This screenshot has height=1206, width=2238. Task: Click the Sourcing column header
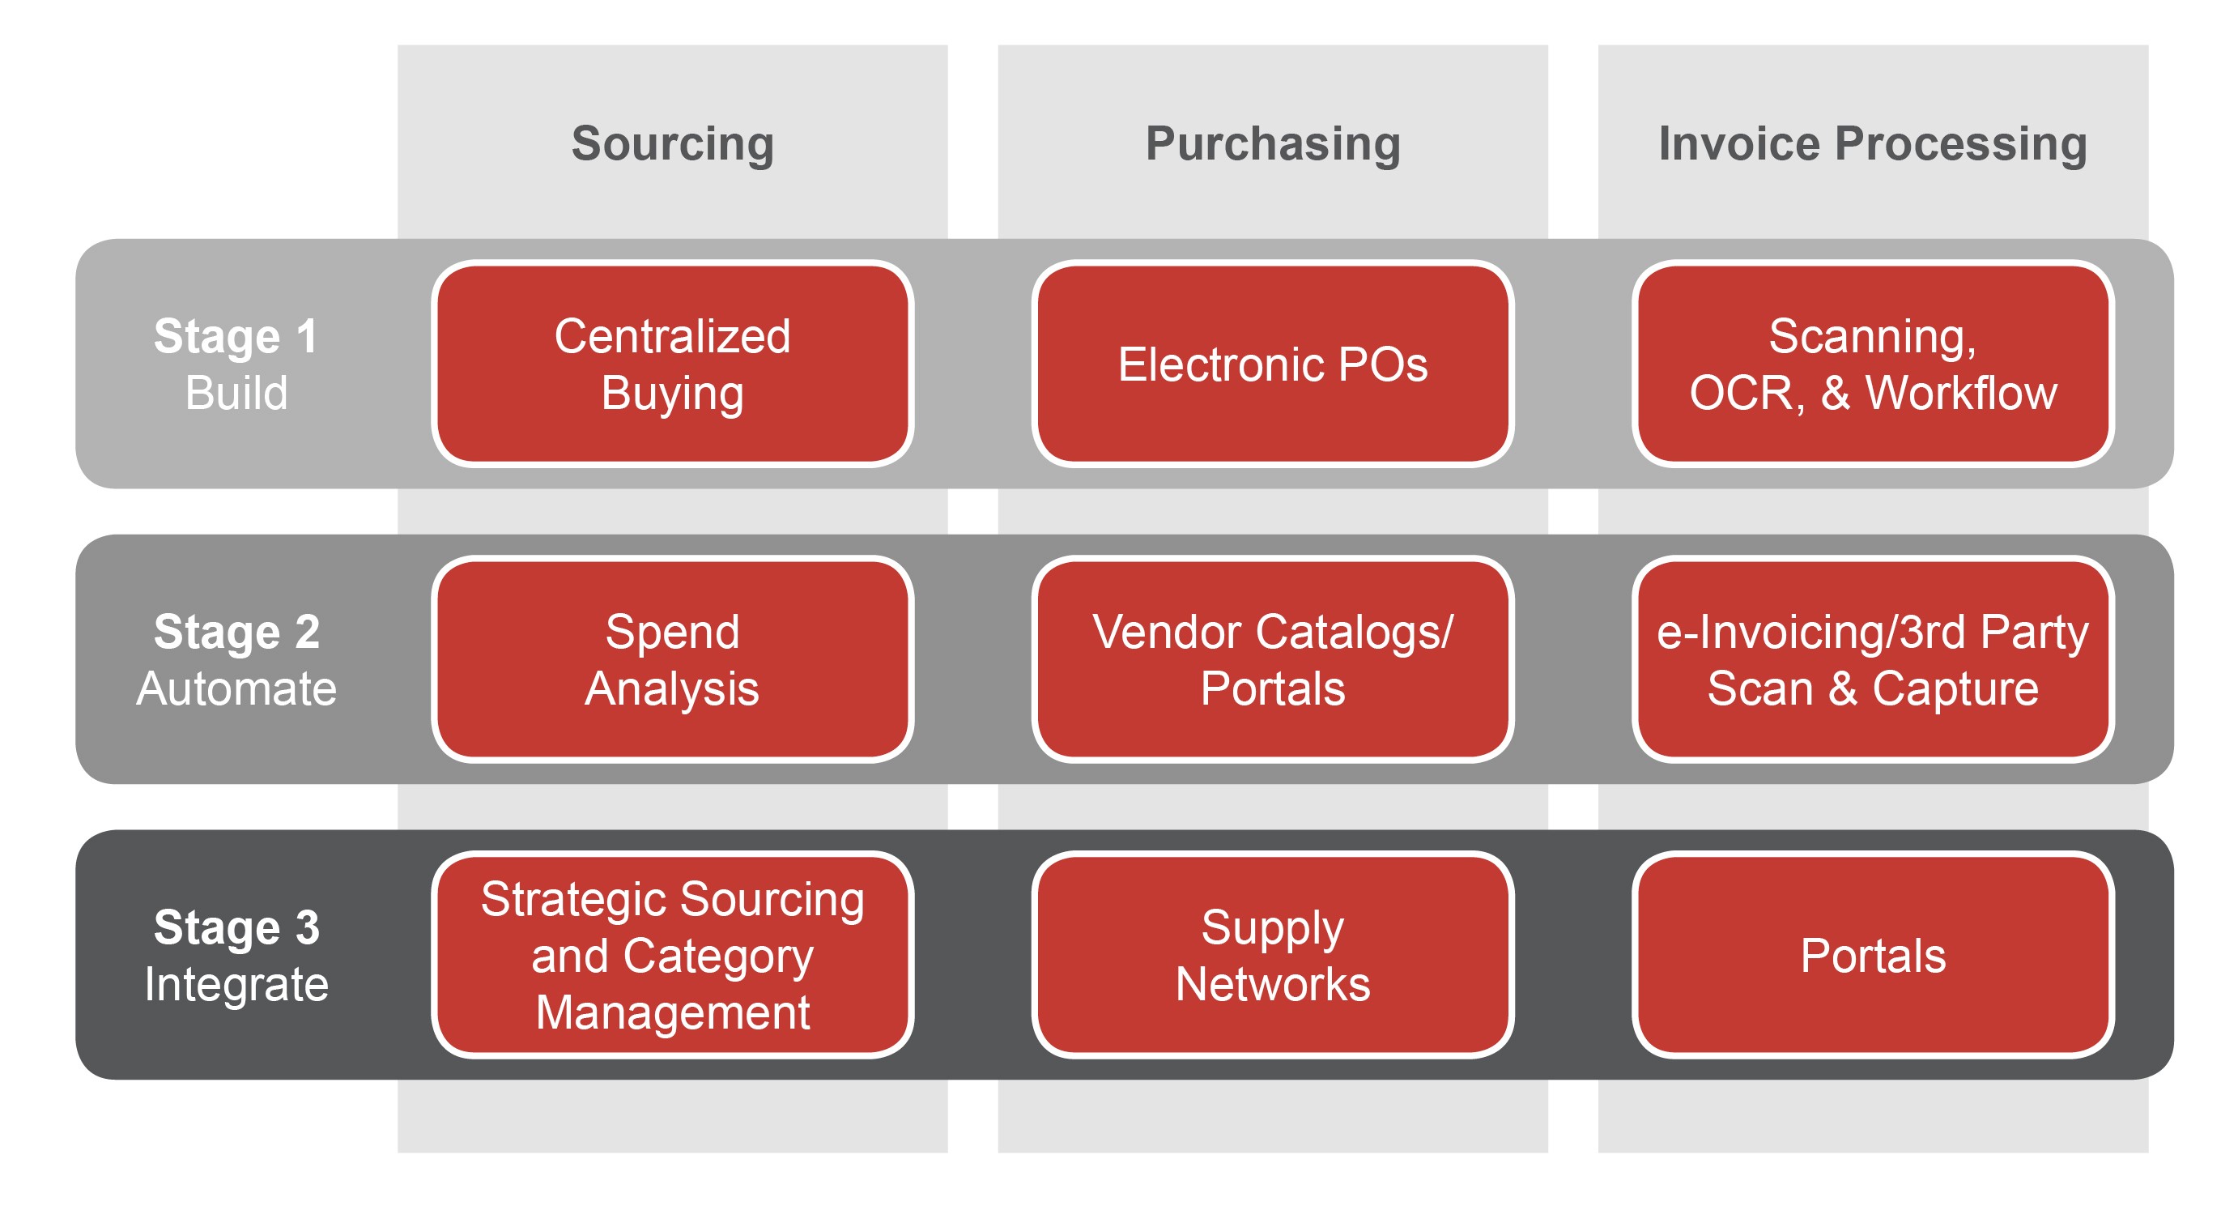point(672,143)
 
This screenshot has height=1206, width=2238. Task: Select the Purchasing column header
point(1273,143)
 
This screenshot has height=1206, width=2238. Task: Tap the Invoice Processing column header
point(1872,143)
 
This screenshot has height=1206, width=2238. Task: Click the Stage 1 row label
point(236,336)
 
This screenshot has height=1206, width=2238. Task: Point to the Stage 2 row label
point(236,632)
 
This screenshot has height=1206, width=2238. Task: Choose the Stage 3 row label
point(236,927)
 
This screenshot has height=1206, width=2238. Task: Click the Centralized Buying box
point(672,364)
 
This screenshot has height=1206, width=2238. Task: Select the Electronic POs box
point(1273,364)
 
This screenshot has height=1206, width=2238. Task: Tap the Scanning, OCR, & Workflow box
point(1873,364)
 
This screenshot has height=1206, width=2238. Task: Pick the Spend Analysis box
point(672,659)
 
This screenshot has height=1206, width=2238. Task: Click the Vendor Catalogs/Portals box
point(1273,659)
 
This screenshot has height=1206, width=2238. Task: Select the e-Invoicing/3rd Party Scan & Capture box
point(1873,659)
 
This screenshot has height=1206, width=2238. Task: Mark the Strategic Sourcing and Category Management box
point(672,955)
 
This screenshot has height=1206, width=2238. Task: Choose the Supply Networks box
point(1273,955)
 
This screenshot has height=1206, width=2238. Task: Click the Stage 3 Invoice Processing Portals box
point(1873,955)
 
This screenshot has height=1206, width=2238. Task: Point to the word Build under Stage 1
point(236,393)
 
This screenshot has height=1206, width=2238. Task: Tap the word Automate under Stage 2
point(236,689)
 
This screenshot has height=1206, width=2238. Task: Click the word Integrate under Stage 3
point(236,984)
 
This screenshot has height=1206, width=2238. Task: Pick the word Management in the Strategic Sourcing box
point(672,1012)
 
